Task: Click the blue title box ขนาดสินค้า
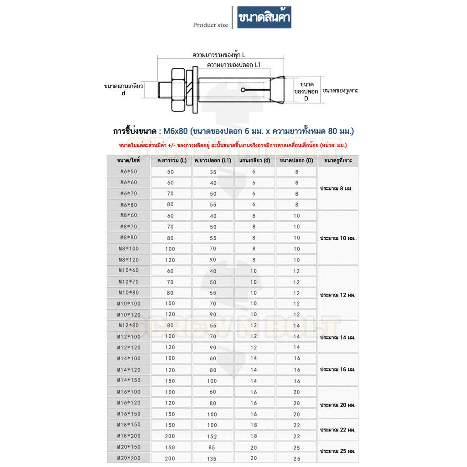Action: point(264,19)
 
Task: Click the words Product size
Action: point(210,25)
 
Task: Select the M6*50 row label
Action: point(128,171)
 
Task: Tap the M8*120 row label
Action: point(128,259)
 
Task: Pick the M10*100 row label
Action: point(128,304)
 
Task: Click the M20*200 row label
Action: point(128,458)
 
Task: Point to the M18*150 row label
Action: point(128,425)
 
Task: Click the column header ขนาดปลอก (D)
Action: point(296,161)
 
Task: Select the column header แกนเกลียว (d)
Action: point(254,161)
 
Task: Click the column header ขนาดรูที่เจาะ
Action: point(338,161)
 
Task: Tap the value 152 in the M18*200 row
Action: point(212,436)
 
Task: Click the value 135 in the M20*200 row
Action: point(212,458)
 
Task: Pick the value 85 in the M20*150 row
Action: point(212,447)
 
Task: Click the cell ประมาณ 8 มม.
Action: point(338,188)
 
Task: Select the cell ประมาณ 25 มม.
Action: point(338,451)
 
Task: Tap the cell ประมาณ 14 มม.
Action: point(338,338)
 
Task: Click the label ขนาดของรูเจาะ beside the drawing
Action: point(340,91)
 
